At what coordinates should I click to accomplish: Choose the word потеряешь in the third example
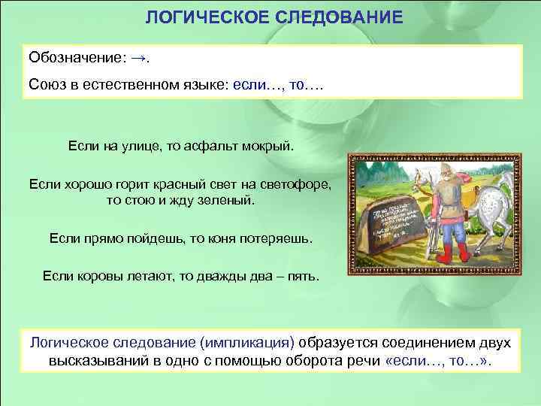pyautogui.click(x=272, y=238)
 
